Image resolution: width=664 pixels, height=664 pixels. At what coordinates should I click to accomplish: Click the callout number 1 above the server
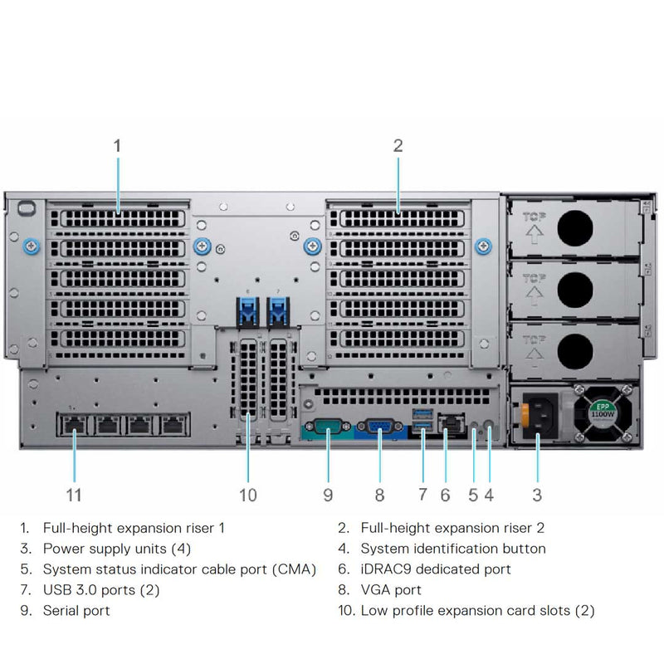click(x=117, y=145)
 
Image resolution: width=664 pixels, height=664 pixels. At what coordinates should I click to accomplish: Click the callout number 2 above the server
click(x=398, y=145)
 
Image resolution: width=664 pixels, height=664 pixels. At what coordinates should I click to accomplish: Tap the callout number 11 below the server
click(x=74, y=496)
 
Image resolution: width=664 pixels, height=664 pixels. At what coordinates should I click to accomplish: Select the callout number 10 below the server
click(x=247, y=496)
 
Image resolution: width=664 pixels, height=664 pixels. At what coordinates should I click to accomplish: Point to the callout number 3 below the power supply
click(x=537, y=496)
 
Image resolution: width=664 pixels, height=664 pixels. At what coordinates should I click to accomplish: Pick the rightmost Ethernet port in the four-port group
click(x=172, y=425)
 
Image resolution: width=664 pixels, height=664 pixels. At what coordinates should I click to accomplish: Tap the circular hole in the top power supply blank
click(x=575, y=227)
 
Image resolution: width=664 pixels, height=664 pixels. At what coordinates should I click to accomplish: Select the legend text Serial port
click(x=76, y=611)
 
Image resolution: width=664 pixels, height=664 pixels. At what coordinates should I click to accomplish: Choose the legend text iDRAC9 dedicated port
click(x=436, y=569)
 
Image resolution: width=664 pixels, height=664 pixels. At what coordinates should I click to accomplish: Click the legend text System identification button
click(x=453, y=549)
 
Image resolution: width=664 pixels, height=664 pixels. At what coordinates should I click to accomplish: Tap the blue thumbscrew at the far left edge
click(x=31, y=246)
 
